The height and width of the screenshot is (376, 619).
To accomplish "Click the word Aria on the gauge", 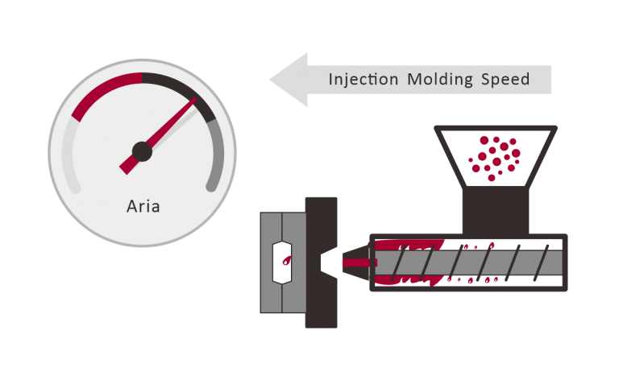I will pos(143,206).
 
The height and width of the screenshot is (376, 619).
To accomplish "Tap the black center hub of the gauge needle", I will pos(142,150).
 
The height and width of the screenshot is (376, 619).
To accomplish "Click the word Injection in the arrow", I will pos(364,80).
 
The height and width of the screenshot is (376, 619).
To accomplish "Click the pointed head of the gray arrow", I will pos(286,80).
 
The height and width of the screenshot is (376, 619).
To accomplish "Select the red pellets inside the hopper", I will pos(495,153).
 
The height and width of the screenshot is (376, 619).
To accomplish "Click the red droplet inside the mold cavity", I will pos(287,260).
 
